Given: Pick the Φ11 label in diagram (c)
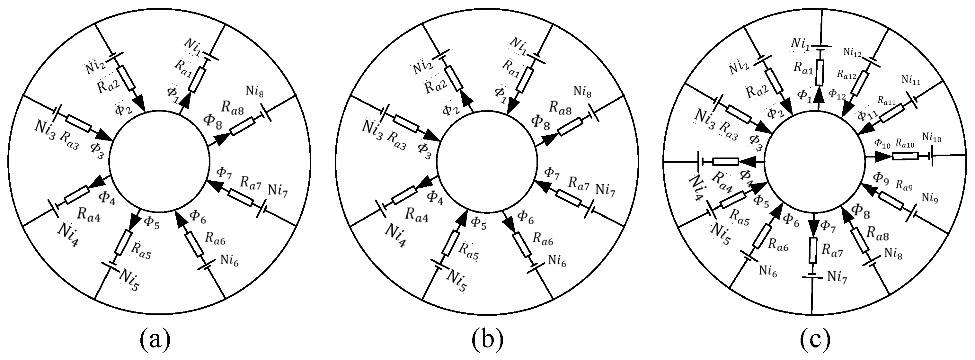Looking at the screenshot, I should click(867, 115).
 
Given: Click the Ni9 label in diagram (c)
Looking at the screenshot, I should click(930, 198).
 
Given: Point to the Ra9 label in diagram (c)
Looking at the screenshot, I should click(904, 185).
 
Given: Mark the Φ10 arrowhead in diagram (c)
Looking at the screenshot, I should click(885, 156).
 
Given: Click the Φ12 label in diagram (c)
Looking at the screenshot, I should click(837, 94).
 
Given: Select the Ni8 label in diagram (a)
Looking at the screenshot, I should click(255, 91).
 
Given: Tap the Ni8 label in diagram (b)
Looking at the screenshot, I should click(582, 91).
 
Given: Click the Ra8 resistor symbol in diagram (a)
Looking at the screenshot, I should click(242, 127).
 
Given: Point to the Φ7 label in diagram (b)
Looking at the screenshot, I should click(552, 173).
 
